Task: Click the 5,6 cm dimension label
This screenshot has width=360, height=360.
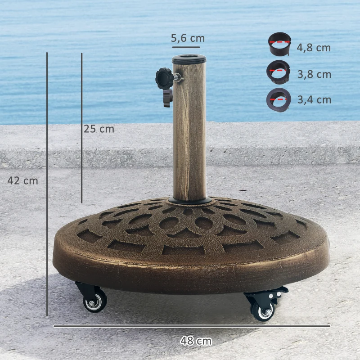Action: (188, 39)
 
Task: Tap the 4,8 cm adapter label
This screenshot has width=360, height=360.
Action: (314, 48)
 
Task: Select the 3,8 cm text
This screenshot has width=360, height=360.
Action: (314, 74)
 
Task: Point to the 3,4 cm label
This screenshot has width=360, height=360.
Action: (314, 100)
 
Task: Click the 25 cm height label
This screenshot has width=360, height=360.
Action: (99, 129)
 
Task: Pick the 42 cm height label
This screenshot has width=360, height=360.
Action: (23, 181)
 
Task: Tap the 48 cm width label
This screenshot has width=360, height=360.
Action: (196, 341)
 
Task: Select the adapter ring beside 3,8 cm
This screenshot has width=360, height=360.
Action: (279, 72)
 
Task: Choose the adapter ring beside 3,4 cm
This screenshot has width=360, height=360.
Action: (279, 99)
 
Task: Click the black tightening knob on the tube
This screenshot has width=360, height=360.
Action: (164, 79)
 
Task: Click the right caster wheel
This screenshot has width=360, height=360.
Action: (263, 310)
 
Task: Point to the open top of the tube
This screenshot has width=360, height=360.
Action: (189, 58)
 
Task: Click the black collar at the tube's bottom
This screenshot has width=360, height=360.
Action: (189, 200)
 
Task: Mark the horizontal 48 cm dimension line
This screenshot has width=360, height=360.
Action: (191, 326)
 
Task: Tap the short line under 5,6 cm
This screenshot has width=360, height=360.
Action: (185, 47)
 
